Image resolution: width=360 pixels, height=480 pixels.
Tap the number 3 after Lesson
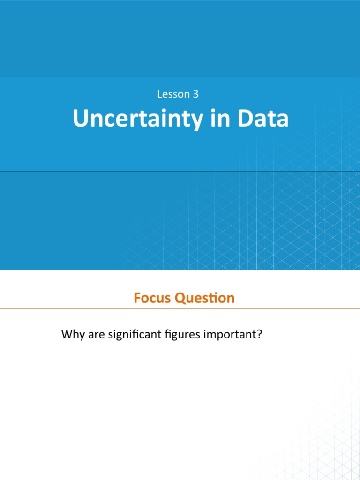tap(195, 94)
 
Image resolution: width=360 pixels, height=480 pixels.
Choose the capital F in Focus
tap(137, 298)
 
